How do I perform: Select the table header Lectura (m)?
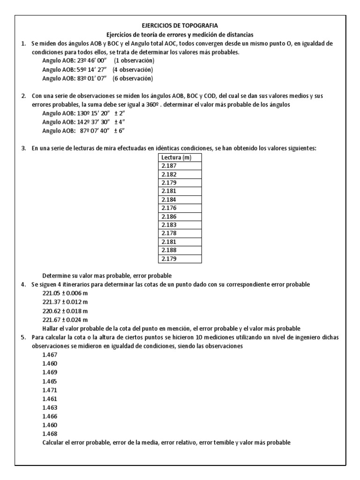pyautogui.click(x=174, y=157)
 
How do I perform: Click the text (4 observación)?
pyautogui.click(x=136, y=70)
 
